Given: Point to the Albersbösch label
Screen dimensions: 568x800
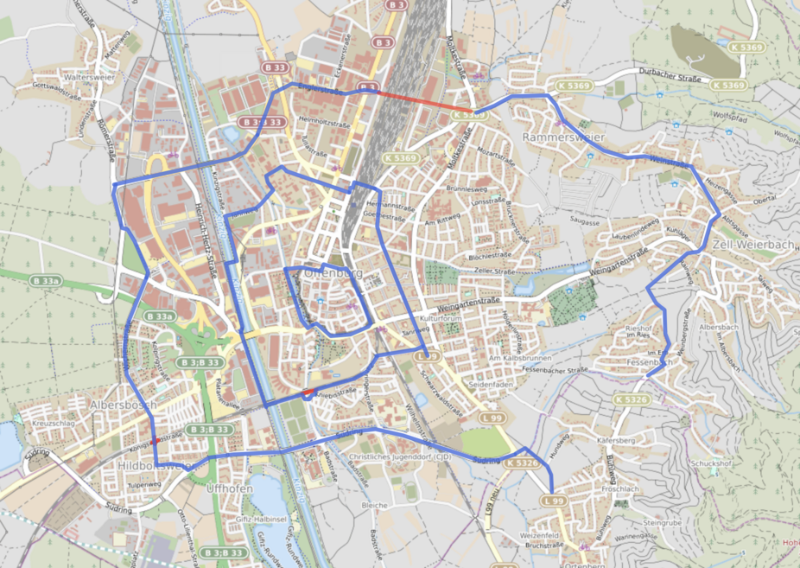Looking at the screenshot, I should click(x=123, y=404).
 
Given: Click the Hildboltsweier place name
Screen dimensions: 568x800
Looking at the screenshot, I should click(x=153, y=465).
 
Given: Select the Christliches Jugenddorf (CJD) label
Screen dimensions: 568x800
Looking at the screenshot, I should click(x=400, y=456).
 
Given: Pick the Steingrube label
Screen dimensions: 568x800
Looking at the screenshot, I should click(x=663, y=522).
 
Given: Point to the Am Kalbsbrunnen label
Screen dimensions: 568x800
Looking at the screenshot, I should click(x=518, y=358).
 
